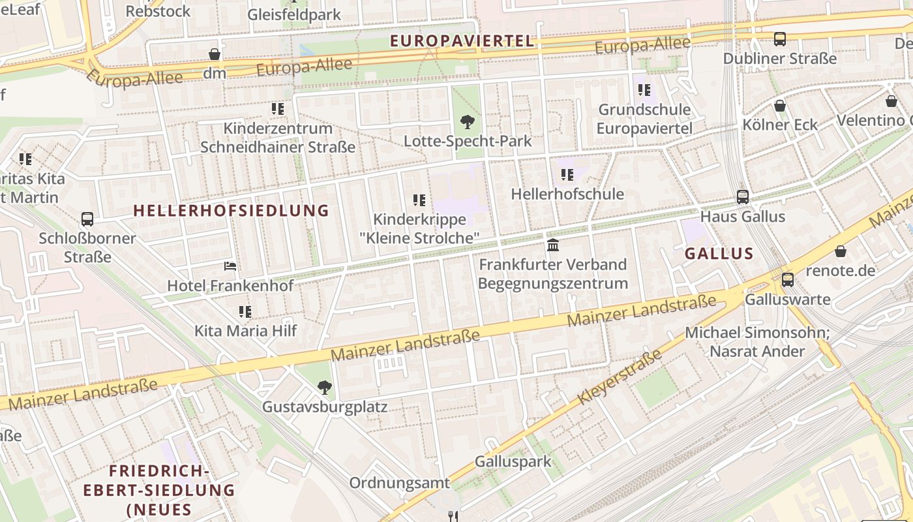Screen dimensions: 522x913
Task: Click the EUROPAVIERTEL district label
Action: [x=462, y=41]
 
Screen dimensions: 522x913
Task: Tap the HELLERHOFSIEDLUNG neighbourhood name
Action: [x=232, y=210]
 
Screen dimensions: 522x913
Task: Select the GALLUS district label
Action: [x=719, y=254]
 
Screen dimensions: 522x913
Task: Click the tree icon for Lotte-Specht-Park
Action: [x=467, y=121]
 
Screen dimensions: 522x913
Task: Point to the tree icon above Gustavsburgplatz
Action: [x=324, y=388]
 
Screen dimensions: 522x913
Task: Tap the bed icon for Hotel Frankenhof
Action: [x=230, y=266]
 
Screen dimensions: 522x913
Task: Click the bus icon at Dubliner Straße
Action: [x=780, y=39]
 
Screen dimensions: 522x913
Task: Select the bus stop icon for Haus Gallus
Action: [x=742, y=196]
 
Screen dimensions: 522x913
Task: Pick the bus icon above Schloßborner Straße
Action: [x=87, y=219]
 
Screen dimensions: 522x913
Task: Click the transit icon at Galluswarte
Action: [x=788, y=280]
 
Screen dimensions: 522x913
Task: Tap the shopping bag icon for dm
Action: [x=215, y=54]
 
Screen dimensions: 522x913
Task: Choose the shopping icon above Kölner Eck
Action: [x=780, y=106]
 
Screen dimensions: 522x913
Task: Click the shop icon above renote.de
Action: [x=841, y=251]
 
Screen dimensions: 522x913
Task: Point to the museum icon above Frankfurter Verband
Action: [x=553, y=245]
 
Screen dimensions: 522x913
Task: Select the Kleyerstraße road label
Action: [x=619, y=377]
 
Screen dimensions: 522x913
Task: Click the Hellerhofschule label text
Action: [x=567, y=194]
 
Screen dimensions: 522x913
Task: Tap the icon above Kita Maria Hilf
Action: [x=245, y=312]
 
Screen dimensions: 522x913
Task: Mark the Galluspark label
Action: [x=513, y=461]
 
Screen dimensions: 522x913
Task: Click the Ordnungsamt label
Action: [x=400, y=483]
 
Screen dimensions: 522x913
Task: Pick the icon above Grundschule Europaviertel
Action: [x=644, y=90]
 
